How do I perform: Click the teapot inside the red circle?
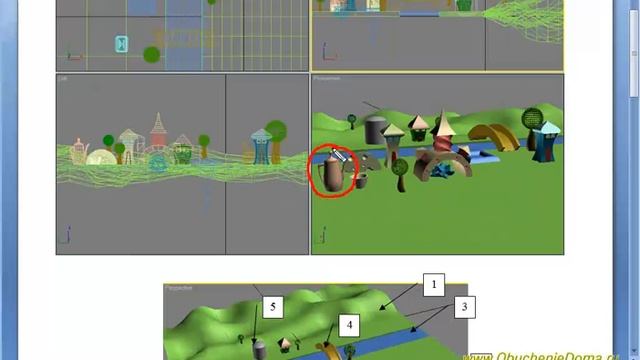pyautogui.click(x=331, y=174)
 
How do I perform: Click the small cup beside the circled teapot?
pyautogui.click(x=361, y=182)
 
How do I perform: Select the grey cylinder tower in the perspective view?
pyautogui.click(x=375, y=130)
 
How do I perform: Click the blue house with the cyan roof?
pyautogui.click(x=547, y=142)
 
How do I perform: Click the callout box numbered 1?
pyautogui.click(x=433, y=285)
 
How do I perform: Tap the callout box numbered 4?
pyautogui.click(x=350, y=325)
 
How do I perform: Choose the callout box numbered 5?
pyautogui.click(x=273, y=305)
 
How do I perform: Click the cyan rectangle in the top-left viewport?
pyautogui.click(x=122, y=44)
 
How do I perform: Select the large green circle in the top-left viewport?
pyautogui.click(x=151, y=54)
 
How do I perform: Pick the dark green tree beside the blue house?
pyautogui.click(x=530, y=120)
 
